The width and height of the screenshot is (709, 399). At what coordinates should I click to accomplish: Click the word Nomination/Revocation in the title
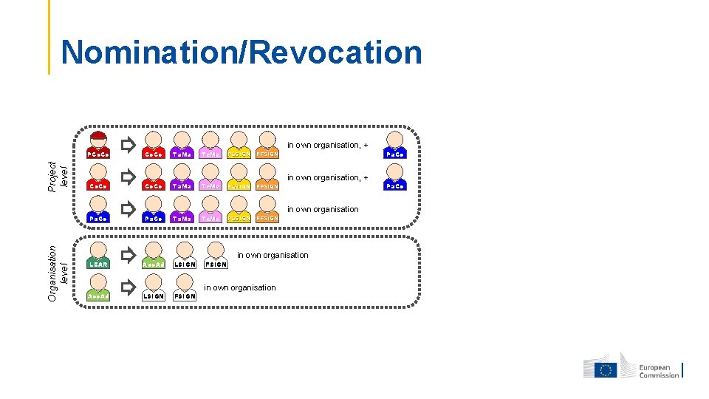click(x=242, y=53)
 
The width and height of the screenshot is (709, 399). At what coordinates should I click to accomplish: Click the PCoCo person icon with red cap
click(x=98, y=146)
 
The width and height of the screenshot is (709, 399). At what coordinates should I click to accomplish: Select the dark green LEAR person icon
click(x=98, y=256)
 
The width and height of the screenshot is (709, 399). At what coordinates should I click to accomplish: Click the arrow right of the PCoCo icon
click(x=129, y=143)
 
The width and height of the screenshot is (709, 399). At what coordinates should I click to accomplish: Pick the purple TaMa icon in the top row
click(x=182, y=146)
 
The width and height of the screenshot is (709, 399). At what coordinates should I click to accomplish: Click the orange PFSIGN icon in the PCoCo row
click(x=267, y=146)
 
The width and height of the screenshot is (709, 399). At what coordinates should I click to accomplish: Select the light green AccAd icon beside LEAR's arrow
click(x=154, y=256)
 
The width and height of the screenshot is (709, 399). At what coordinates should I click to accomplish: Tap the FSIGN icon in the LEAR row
click(x=216, y=256)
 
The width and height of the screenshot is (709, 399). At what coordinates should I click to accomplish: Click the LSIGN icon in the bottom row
click(x=154, y=288)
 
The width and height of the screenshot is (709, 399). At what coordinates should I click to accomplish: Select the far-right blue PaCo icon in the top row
click(x=396, y=146)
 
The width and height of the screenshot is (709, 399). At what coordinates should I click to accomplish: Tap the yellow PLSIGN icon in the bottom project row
click(x=239, y=210)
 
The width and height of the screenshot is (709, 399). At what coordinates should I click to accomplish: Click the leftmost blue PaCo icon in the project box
click(x=98, y=210)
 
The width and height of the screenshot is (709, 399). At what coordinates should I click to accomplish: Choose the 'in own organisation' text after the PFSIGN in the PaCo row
click(x=323, y=209)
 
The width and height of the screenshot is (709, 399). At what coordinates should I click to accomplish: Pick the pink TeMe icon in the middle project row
click(x=210, y=178)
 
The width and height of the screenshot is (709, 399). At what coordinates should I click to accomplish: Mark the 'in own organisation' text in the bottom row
click(x=240, y=287)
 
